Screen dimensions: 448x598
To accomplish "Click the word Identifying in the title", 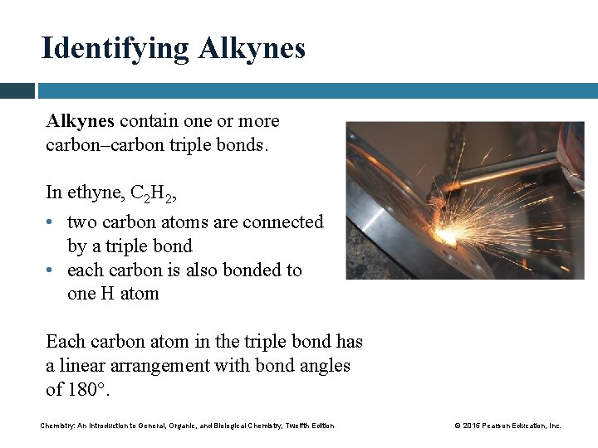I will point(115,48).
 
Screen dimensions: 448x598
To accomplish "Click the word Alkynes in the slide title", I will point(252,48).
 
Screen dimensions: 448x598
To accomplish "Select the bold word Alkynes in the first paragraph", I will point(80,121).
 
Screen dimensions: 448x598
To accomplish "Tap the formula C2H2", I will point(153,193).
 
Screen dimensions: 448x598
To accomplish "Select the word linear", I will point(84,366).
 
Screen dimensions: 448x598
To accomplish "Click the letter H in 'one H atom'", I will point(106,295).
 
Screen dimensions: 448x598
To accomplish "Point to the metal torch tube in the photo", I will point(507,172).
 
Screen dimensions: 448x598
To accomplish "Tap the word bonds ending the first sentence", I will point(243,145).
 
